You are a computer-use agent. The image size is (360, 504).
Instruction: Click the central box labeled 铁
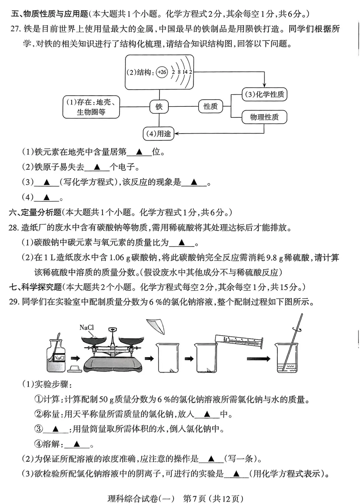[159, 107]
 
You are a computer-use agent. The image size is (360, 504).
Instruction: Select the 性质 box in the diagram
[210, 107]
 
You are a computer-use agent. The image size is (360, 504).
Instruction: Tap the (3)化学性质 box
[264, 95]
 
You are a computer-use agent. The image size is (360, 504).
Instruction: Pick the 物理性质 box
[264, 117]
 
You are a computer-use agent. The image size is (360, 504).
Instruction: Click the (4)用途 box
[158, 133]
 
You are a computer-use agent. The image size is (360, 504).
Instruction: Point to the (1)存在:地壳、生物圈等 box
[91, 107]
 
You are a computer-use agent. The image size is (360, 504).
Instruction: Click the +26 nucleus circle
[162, 72]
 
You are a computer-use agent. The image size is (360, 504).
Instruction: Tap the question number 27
[15, 29]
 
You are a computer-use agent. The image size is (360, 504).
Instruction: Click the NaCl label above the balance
[86, 328]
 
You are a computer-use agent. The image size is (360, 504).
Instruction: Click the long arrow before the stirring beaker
[258, 358]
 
